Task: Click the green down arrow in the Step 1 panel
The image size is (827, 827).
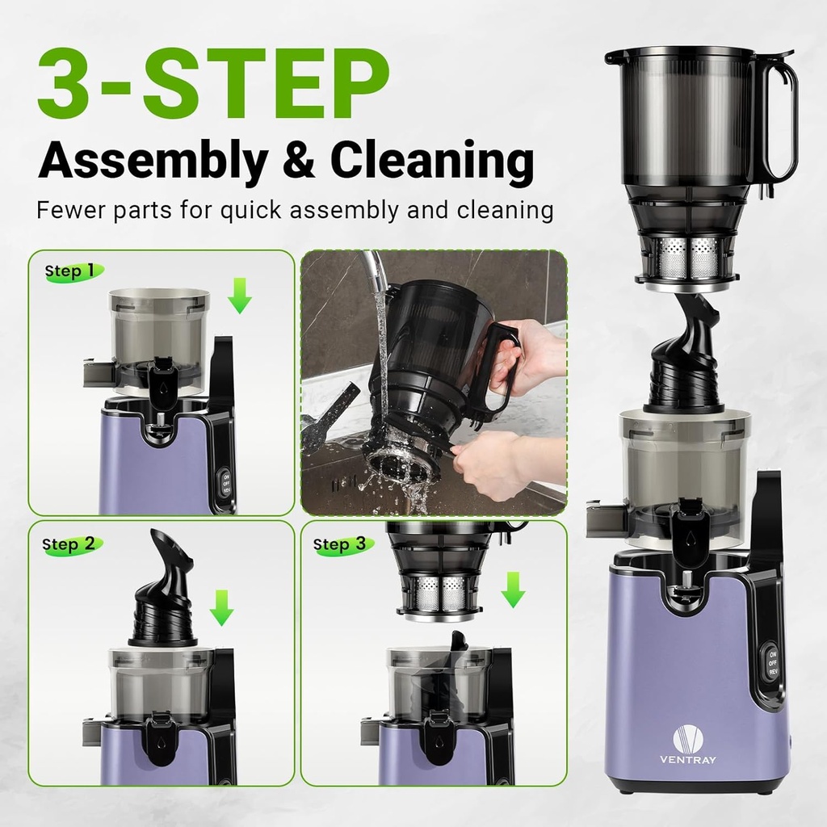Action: tap(239, 296)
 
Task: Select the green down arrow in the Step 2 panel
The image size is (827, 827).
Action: tap(220, 607)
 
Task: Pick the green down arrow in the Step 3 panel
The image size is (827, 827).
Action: tap(512, 590)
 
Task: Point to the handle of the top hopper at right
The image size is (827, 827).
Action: tap(779, 121)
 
